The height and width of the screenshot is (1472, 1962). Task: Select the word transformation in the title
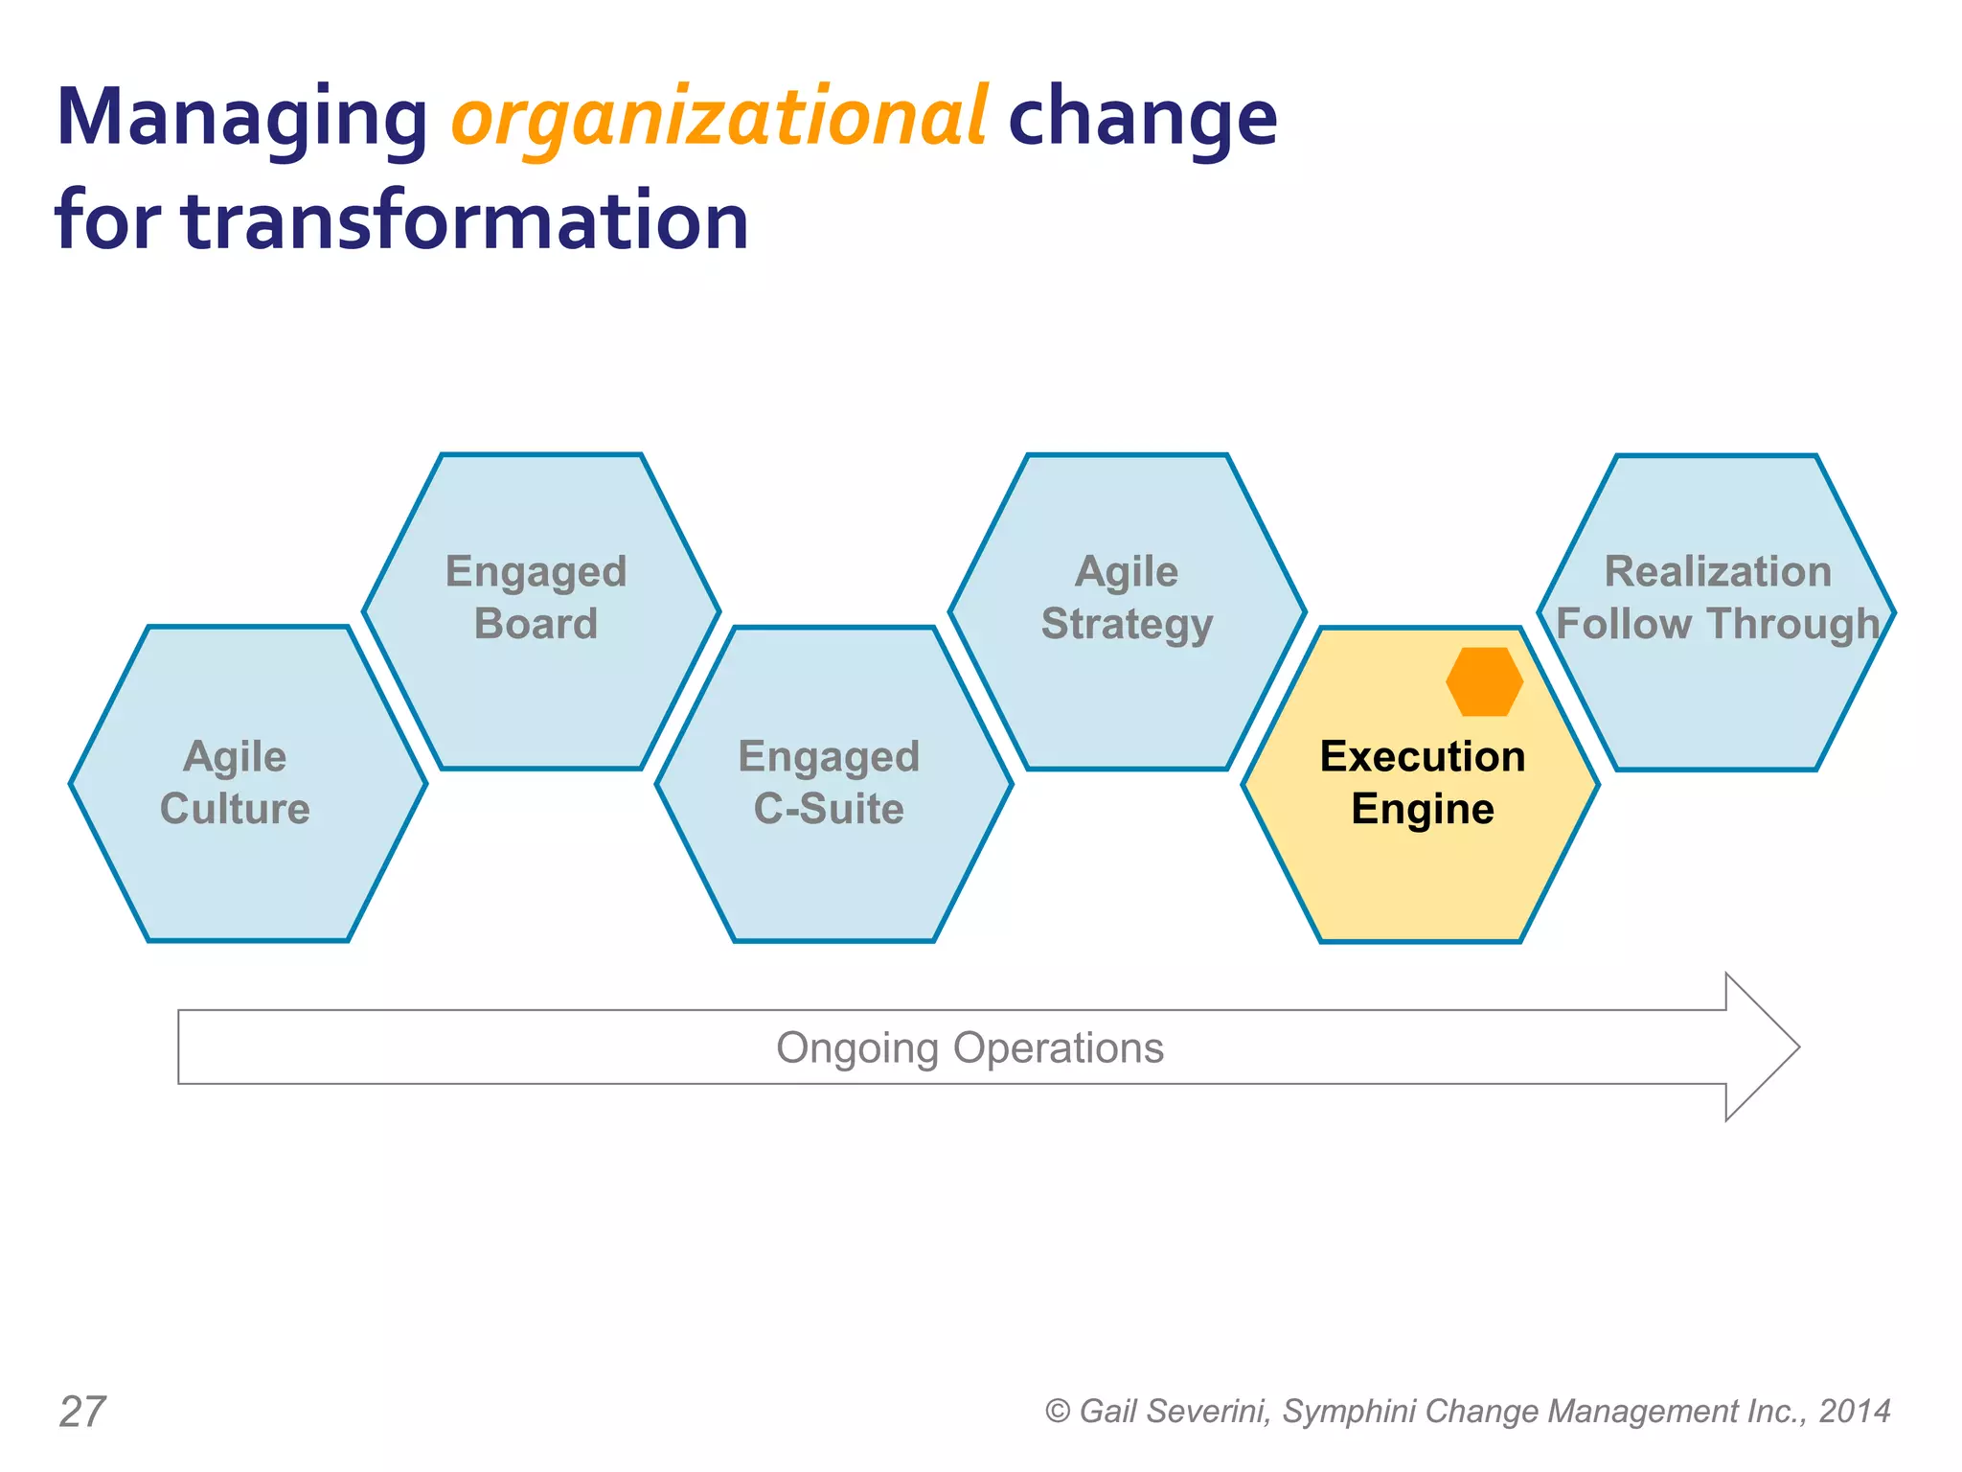[x=466, y=222]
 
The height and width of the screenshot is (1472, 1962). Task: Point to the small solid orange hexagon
[x=1484, y=681]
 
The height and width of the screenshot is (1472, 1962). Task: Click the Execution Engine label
[x=1423, y=782]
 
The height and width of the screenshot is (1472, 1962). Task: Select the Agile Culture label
[x=235, y=782]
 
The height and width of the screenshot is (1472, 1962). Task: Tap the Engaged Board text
[x=536, y=597]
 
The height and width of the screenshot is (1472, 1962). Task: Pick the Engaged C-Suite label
[x=829, y=782]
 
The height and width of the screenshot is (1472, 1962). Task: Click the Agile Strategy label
[x=1127, y=597]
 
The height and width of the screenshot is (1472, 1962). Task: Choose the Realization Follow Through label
[x=1717, y=597]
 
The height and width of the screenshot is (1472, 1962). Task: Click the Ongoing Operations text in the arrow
[x=970, y=1047]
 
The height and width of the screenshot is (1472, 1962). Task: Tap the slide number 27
[x=82, y=1412]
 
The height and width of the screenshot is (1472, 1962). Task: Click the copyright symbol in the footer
[x=1057, y=1412]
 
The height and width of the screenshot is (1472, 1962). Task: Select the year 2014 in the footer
[x=1855, y=1412]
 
